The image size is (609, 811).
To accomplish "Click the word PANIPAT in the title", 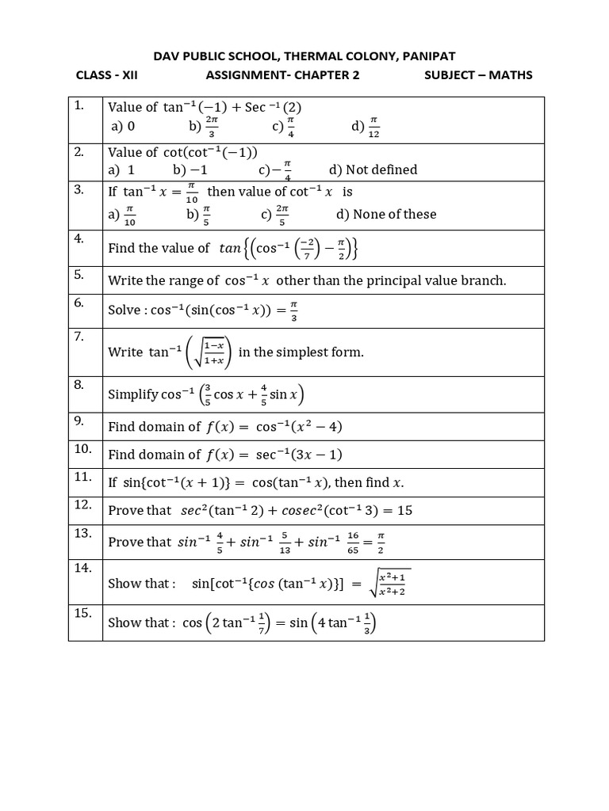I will [x=430, y=55].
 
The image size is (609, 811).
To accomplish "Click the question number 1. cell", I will [x=79, y=106].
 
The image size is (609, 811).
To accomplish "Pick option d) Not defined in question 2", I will [x=373, y=169].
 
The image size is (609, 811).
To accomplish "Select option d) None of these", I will [x=386, y=214].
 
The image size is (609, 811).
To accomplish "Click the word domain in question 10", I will [x=182, y=455].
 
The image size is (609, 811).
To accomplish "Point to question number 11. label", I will [x=82, y=477].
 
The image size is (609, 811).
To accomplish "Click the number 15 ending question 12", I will [x=404, y=511].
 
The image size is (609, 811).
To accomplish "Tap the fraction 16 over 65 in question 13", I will [x=354, y=543].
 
